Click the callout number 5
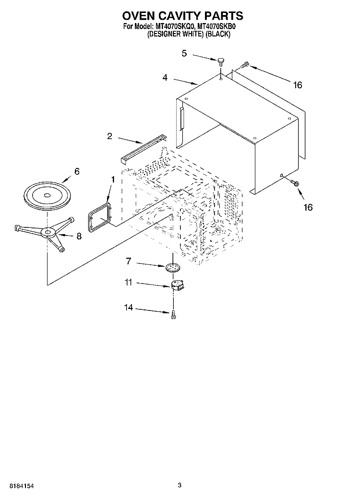pos(184,53)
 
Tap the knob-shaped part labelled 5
pos(221,62)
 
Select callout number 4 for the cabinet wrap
pos(165,77)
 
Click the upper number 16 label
pos(298,85)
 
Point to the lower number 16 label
pos(308,207)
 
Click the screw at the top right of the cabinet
pos(244,65)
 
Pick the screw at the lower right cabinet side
pos(294,183)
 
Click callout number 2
pos(110,136)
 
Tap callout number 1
pos(113,179)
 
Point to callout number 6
pos(77,171)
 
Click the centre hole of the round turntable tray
pos(47,195)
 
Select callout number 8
pos(79,236)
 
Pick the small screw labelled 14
pos(173,314)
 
